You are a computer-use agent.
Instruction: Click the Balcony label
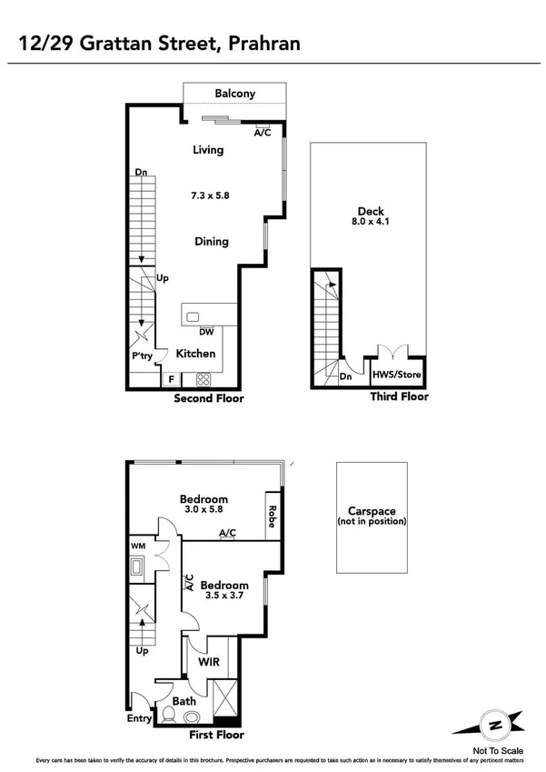coord(234,94)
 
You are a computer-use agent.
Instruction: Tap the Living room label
coord(208,150)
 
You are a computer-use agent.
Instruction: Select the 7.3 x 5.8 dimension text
coord(209,196)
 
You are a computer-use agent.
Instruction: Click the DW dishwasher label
coord(206,332)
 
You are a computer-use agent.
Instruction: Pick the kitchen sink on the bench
coord(193,317)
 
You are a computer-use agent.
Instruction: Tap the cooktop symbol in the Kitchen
coord(204,380)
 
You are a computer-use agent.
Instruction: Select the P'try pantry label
coord(143,356)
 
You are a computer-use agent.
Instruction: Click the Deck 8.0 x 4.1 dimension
coord(371,220)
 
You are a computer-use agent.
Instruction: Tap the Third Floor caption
coord(399,396)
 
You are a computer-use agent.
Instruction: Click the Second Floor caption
coord(208,398)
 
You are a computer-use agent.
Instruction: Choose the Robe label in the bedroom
coord(271,516)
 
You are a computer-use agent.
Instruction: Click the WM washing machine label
coord(138,546)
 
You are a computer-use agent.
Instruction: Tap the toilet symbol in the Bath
coord(168,715)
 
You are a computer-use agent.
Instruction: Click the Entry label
coord(139,718)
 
